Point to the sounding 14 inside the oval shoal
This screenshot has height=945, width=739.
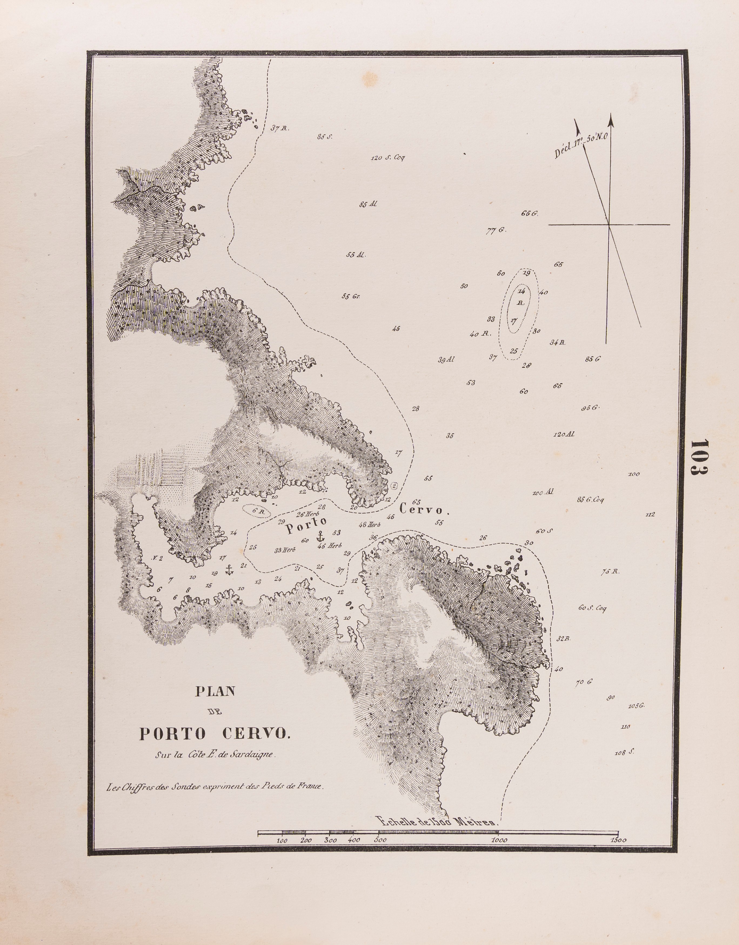click(521, 291)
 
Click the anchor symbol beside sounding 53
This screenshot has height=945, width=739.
click(320, 537)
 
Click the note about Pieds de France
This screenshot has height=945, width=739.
click(215, 787)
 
